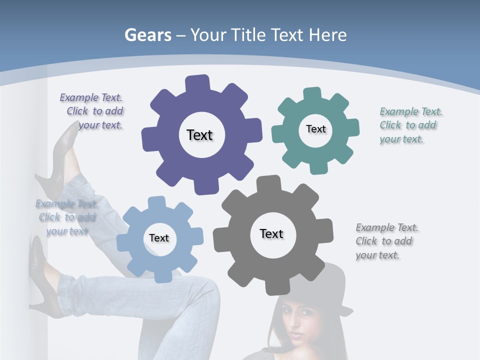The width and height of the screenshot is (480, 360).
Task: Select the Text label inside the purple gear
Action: [x=199, y=135]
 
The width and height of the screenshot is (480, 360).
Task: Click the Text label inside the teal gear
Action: [x=315, y=129]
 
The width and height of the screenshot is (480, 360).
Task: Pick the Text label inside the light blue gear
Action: [x=159, y=238]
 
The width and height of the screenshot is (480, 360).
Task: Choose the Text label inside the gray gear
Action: [x=271, y=233]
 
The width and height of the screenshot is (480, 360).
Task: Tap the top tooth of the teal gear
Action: [x=312, y=94]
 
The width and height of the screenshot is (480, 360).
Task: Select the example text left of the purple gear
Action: [x=92, y=111]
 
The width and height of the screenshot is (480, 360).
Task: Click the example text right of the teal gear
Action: [x=410, y=125]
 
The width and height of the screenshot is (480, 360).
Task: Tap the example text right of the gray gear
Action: [x=386, y=241]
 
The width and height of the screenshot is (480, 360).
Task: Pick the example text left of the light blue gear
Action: [x=67, y=217]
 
